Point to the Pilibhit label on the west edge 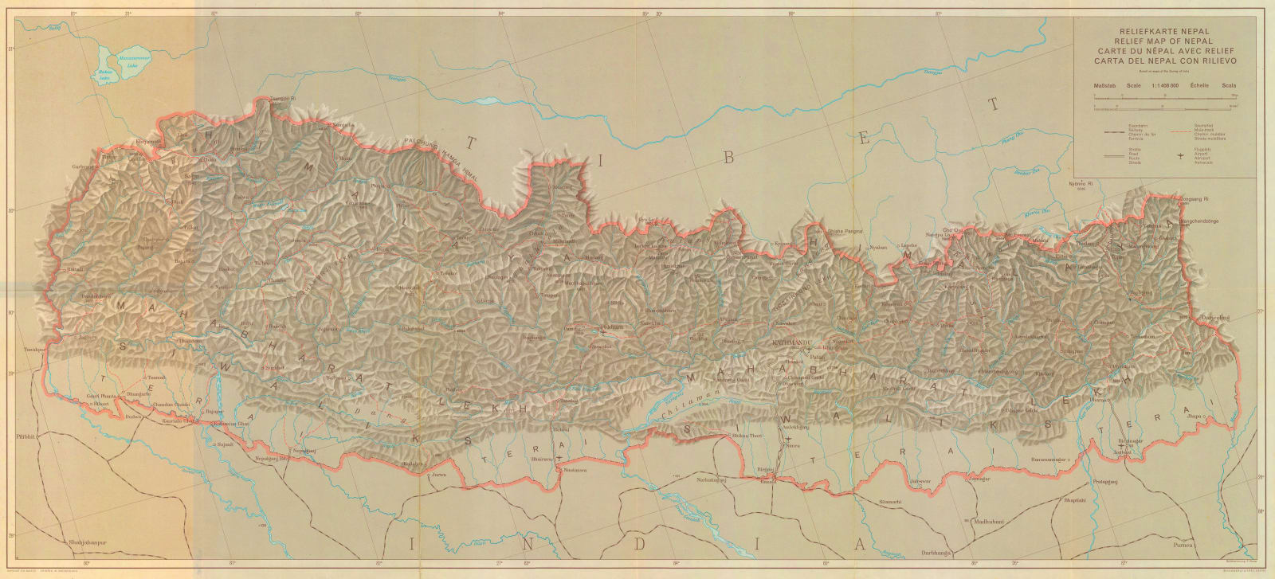click(25, 438)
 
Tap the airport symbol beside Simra click(787, 439)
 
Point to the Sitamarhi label click(889, 502)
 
